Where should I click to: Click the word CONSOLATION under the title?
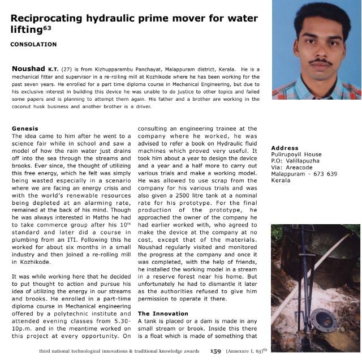[x=33, y=44]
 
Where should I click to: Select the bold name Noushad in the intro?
[x=27, y=68]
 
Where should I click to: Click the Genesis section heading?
[x=25, y=128]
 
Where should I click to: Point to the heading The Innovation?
[x=163, y=313]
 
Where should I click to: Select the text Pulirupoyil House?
[x=296, y=155]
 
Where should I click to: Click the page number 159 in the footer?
[x=216, y=351]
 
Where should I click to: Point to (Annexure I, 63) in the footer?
[x=248, y=351]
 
